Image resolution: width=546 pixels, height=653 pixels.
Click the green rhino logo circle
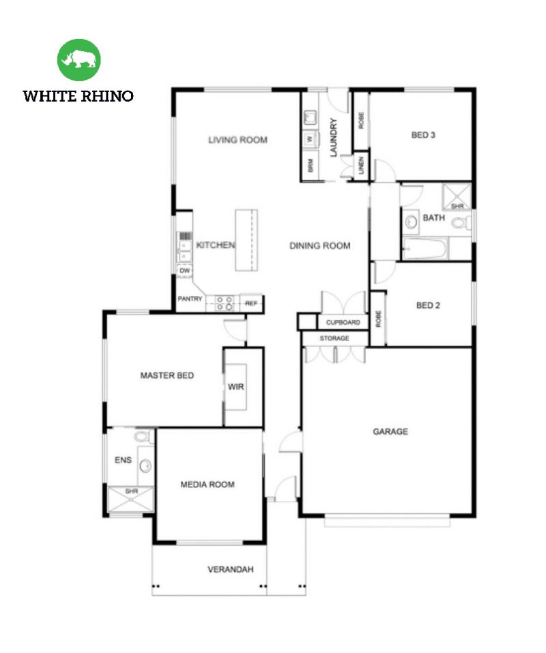point(79,60)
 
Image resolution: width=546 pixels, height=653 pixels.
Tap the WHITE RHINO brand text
point(78,96)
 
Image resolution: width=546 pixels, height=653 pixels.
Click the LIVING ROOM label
point(238,140)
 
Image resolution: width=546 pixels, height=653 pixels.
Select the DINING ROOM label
point(319,246)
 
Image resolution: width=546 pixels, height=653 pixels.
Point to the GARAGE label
point(390,431)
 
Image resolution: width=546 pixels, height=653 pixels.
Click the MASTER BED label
point(167,375)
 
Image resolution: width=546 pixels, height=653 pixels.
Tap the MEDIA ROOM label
point(207,484)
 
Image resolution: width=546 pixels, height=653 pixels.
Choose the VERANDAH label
point(231,569)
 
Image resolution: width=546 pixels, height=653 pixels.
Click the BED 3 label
point(423,135)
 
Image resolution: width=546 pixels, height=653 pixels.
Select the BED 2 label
point(428,305)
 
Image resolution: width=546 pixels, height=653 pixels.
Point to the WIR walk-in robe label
point(236,387)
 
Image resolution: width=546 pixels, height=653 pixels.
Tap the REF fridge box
point(250,303)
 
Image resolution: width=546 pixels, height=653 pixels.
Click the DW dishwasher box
point(184,271)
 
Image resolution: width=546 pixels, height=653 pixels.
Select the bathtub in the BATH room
point(425,249)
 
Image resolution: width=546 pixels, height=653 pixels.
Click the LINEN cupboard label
point(361,166)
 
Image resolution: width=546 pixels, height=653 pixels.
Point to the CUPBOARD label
point(343,321)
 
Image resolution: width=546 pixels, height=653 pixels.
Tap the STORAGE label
point(334,338)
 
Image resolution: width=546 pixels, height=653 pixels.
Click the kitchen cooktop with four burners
point(225,303)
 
